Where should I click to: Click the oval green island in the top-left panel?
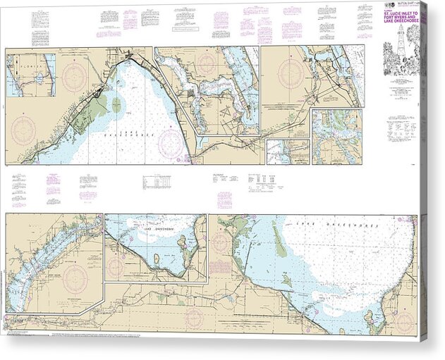116,105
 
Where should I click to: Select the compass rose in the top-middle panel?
207,62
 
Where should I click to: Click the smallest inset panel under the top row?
288,151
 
